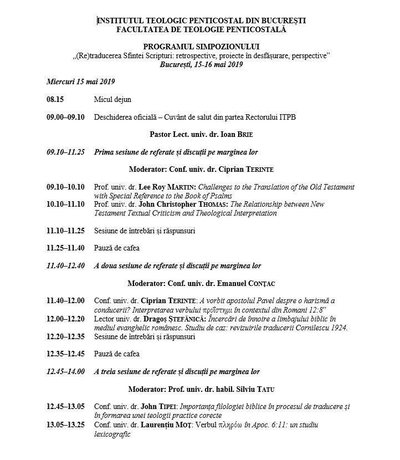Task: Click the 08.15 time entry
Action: [56, 100]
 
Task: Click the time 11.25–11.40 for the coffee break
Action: [66, 248]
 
